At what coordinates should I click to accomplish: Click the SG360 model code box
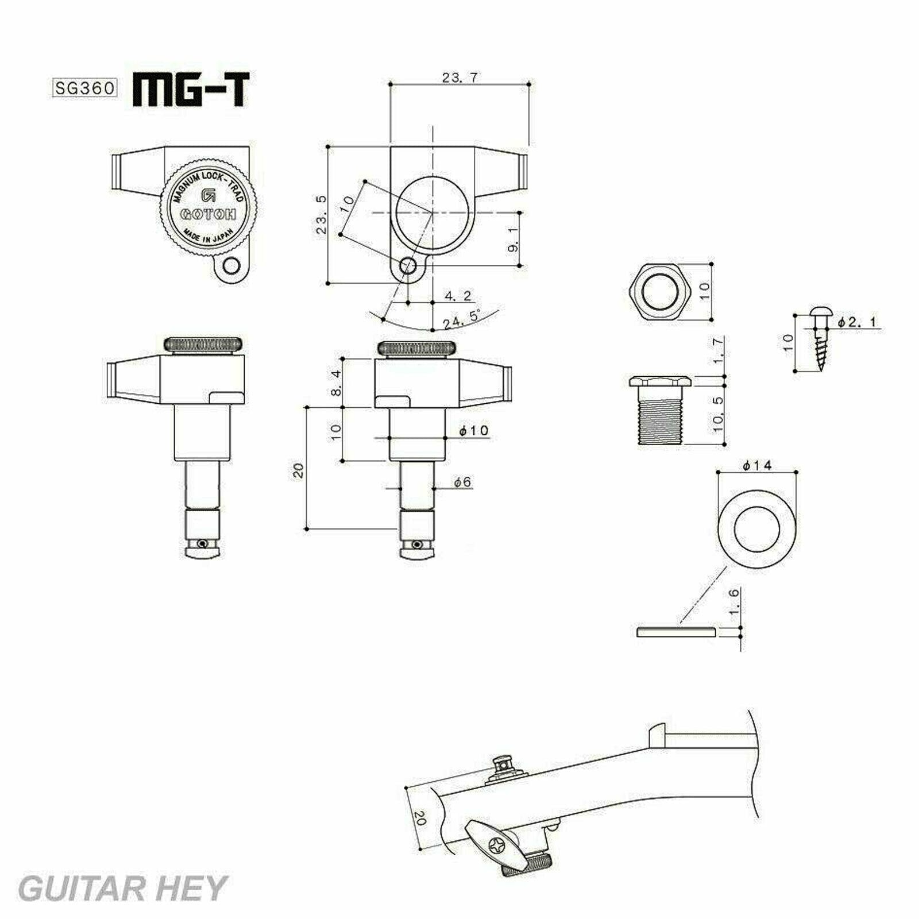(x=85, y=88)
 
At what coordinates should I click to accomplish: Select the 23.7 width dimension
(x=459, y=78)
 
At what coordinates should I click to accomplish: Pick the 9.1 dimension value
(x=513, y=238)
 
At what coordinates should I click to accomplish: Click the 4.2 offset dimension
(x=458, y=296)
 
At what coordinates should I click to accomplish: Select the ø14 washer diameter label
(x=758, y=466)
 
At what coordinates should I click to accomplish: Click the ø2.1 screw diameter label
(x=857, y=323)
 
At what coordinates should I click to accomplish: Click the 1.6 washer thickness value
(x=734, y=603)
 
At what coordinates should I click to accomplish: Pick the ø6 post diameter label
(x=462, y=482)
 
